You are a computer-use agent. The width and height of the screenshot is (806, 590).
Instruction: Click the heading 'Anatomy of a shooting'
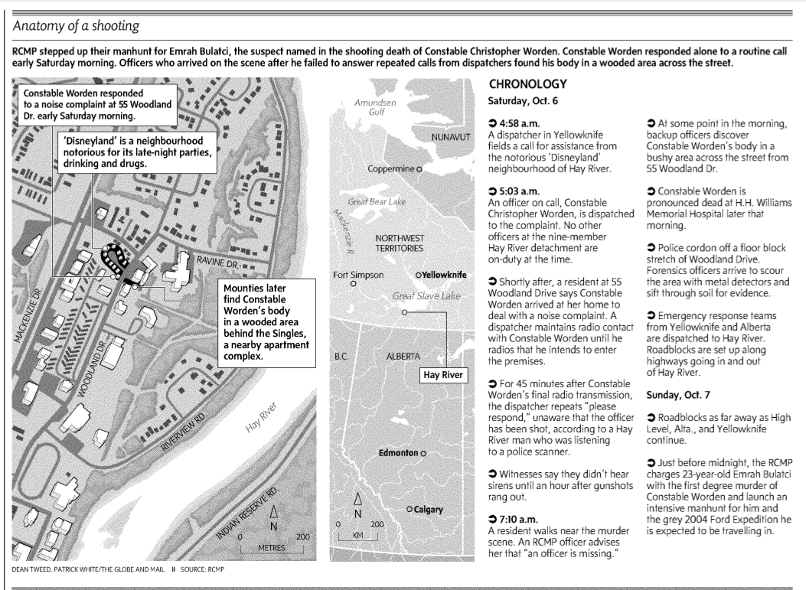[76, 26]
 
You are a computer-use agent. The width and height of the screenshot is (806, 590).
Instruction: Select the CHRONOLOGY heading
[527, 84]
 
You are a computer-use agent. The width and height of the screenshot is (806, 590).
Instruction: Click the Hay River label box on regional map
[444, 376]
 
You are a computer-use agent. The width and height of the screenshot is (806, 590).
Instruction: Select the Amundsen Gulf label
[375, 107]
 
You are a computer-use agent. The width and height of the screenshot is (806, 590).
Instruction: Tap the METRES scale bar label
[272, 548]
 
